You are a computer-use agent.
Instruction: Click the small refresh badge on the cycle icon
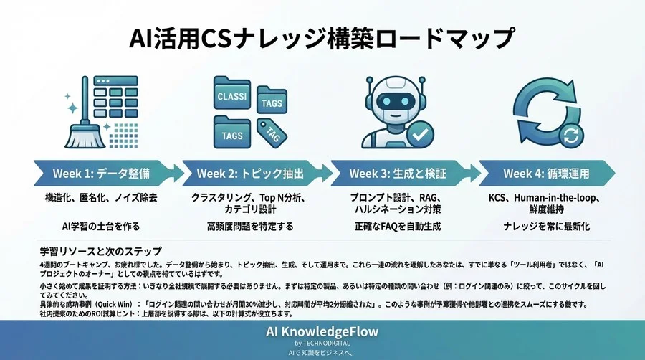pos(571,134)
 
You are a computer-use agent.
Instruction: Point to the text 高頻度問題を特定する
pos(247,227)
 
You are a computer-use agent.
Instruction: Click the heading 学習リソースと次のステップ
pos(101,251)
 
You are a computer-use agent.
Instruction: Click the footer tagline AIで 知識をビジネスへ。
pos(322,352)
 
